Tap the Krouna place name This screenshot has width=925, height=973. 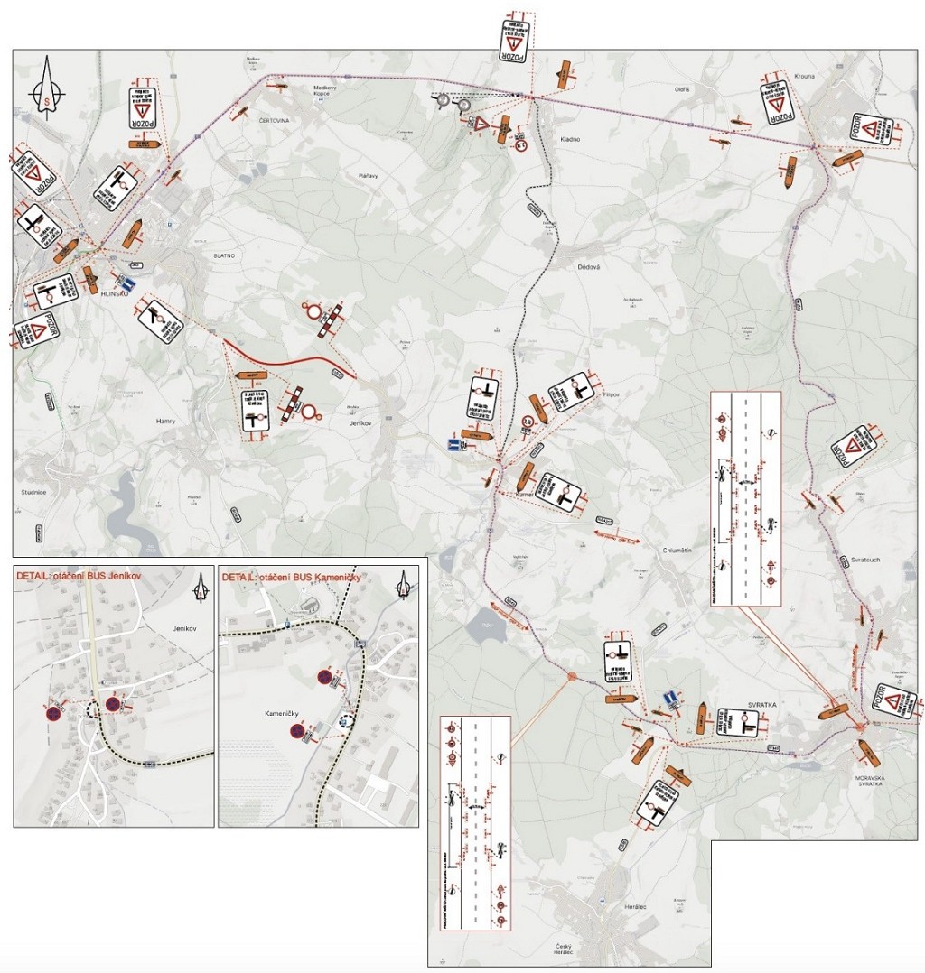point(805,77)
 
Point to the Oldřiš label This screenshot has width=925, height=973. point(682,89)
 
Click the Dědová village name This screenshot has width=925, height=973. point(589,267)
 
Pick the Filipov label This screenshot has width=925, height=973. point(614,394)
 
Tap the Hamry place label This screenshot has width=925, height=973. point(164,421)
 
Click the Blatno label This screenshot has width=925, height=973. point(224,255)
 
